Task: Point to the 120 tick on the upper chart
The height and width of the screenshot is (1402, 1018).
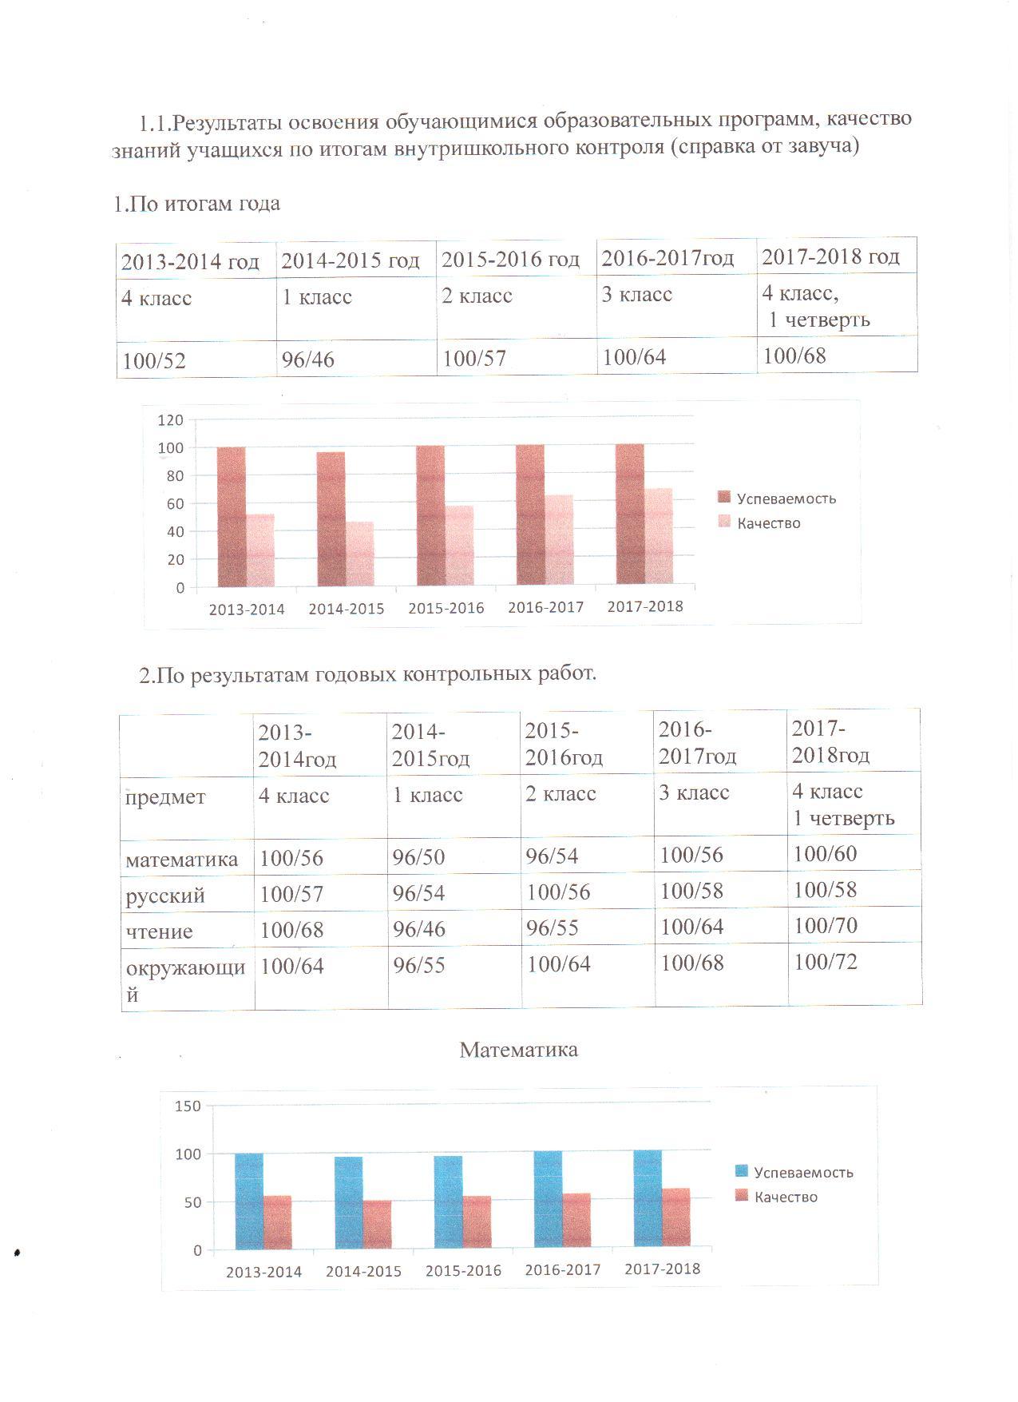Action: tap(171, 419)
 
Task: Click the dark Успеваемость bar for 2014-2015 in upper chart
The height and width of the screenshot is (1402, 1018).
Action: tap(331, 518)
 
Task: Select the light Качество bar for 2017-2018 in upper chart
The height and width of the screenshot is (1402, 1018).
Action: tap(659, 536)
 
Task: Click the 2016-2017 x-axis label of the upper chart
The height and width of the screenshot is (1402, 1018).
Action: tap(546, 607)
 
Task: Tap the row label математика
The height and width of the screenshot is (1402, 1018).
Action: tap(182, 860)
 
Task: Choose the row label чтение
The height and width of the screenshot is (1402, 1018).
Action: tap(159, 931)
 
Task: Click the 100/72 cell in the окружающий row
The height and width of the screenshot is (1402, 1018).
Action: tap(826, 962)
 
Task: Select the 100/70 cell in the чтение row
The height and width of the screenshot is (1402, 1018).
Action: tap(826, 926)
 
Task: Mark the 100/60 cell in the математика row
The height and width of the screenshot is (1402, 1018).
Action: tap(826, 854)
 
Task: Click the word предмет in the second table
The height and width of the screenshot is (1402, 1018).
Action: tap(165, 797)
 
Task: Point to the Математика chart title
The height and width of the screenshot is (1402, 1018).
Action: tap(519, 1049)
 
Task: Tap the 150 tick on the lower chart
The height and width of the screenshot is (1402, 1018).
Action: tap(188, 1106)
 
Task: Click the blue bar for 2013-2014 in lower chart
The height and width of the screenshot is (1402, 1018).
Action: tap(249, 1201)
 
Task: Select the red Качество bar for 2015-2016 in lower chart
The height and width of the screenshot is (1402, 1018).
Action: tap(477, 1222)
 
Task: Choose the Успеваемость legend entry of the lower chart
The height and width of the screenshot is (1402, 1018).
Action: tap(794, 1172)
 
